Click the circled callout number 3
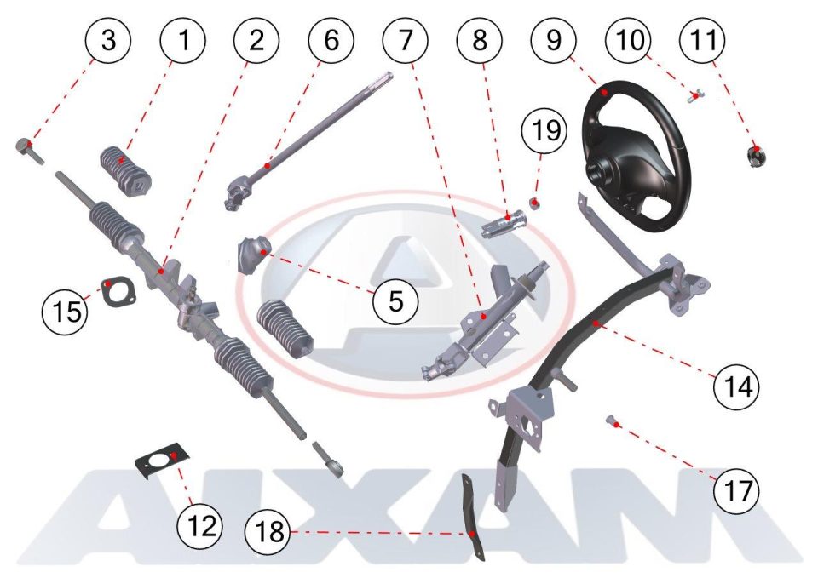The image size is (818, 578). (x=108, y=40)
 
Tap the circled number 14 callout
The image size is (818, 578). (x=737, y=387)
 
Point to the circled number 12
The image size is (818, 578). (x=199, y=525)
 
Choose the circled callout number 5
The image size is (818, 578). (x=396, y=300)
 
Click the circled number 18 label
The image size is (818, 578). (x=268, y=532)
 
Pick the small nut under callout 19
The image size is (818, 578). (x=535, y=203)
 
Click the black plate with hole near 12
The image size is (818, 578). (x=163, y=461)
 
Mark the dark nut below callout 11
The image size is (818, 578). (x=755, y=156)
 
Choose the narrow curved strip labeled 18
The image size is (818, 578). (x=472, y=518)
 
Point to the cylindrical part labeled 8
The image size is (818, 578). (x=504, y=222)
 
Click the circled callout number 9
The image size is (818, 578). (x=554, y=40)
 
